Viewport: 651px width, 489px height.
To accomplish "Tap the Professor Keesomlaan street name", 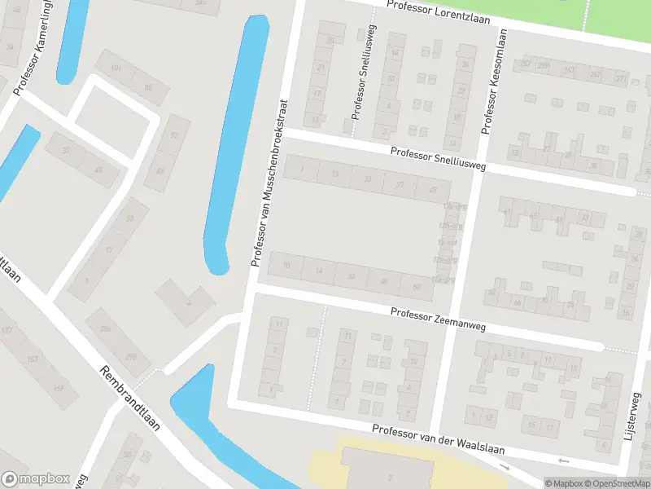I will tap(492, 81).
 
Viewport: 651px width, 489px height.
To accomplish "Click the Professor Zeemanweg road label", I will tap(437, 319).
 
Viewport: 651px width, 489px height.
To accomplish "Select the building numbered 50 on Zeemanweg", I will tap(417, 287).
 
